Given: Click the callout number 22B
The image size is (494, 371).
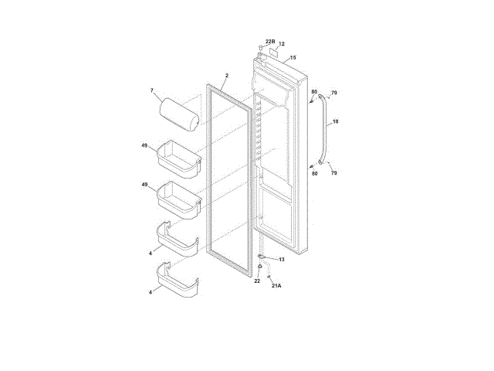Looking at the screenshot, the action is click(x=270, y=42).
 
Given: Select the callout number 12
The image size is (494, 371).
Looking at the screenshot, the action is click(x=282, y=44).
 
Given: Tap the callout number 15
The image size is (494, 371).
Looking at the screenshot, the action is click(x=293, y=58).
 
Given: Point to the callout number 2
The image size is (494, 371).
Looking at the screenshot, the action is click(x=227, y=76).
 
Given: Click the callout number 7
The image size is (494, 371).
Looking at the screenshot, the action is click(x=152, y=90).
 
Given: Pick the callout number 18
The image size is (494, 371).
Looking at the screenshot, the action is click(x=336, y=121).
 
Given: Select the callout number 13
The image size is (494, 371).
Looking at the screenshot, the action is click(x=281, y=260).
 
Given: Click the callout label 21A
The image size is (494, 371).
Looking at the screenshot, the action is click(x=276, y=285).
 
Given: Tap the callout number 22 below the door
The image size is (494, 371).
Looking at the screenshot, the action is click(x=257, y=281).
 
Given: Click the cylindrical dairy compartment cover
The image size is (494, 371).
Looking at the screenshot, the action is click(x=179, y=114).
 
